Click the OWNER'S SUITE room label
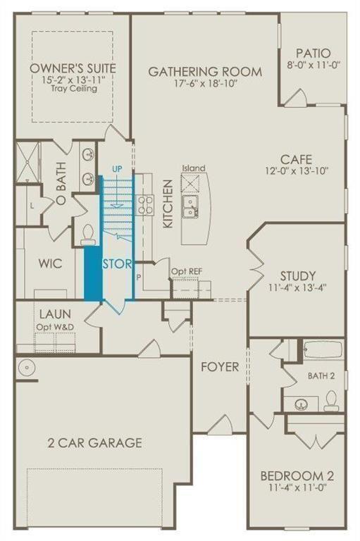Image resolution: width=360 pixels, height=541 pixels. click(x=73, y=68)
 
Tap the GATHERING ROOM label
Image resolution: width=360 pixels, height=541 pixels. click(x=204, y=71)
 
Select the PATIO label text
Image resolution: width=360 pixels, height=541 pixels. click(x=313, y=52)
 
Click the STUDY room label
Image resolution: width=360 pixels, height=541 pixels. click(x=297, y=275)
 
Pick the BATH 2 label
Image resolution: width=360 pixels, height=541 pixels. click(x=321, y=376)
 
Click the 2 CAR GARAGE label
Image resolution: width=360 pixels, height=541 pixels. click(x=94, y=442)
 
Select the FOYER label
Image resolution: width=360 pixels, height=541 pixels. click(x=219, y=367)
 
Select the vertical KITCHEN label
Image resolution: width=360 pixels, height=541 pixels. click(x=168, y=204)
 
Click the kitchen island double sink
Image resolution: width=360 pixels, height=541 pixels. click(x=189, y=206)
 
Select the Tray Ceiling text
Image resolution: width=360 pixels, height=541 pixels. click(x=74, y=89)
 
